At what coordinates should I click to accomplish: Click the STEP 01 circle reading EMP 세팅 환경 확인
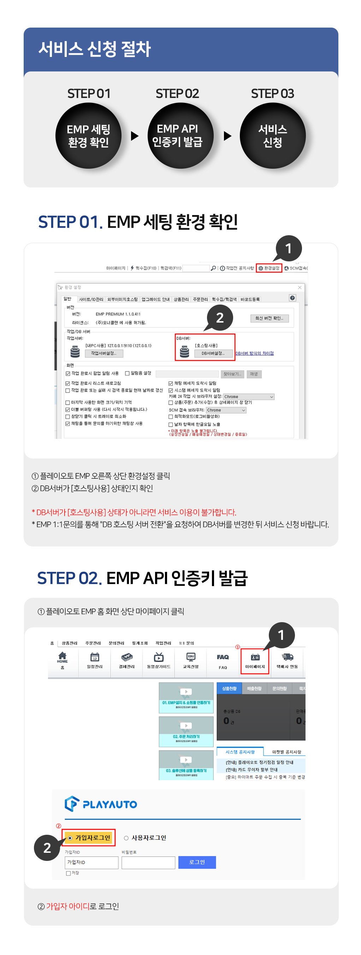click(x=89, y=136)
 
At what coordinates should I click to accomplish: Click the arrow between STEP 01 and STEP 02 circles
click(x=135, y=136)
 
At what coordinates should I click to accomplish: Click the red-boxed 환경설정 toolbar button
click(x=269, y=268)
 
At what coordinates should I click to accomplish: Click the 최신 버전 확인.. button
click(x=269, y=318)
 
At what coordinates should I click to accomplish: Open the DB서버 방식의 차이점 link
click(x=254, y=353)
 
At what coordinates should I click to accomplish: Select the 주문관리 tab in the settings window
click(x=200, y=299)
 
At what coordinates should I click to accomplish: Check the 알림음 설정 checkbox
click(x=128, y=373)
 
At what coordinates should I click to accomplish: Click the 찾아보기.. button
click(x=232, y=374)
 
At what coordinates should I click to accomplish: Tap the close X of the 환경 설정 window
click(x=300, y=287)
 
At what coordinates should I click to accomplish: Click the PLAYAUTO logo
click(x=101, y=804)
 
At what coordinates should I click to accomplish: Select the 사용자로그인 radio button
click(x=126, y=838)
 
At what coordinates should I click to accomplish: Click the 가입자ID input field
click(x=91, y=862)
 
